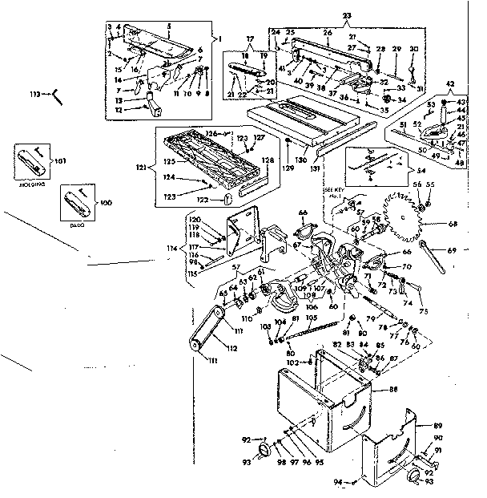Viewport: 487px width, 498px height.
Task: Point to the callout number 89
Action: click(x=438, y=425)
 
